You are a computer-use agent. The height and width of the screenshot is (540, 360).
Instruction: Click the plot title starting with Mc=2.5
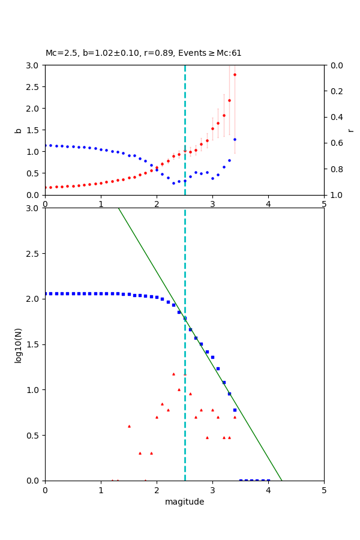pyautogui.click(x=143, y=53)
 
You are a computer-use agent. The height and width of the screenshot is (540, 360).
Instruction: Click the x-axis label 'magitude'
pyautogui.click(x=184, y=502)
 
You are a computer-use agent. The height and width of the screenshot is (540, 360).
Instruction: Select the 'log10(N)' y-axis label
pyautogui.click(x=18, y=344)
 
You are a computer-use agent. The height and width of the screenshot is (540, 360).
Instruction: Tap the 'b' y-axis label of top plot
pyautogui.click(x=18, y=130)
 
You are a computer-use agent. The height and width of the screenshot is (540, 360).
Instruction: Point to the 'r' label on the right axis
pyautogui.click(x=350, y=130)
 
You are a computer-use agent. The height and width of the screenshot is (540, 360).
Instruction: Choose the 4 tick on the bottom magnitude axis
pyautogui.click(x=268, y=490)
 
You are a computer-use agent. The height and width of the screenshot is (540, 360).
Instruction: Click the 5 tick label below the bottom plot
pyautogui.click(x=324, y=490)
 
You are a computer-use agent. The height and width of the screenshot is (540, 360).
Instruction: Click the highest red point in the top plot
pyautogui.click(x=235, y=74)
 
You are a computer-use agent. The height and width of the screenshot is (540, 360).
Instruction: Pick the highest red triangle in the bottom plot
pyautogui.click(x=173, y=374)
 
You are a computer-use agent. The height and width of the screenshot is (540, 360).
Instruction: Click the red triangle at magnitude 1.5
pyautogui.click(x=129, y=426)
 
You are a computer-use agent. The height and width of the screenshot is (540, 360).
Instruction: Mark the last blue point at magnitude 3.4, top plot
pyautogui.click(x=235, y=139)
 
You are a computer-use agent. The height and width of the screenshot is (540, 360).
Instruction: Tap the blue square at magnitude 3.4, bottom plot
pyautogui.click(x=235, y=410)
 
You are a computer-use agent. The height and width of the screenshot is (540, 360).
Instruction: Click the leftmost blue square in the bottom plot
pyautogui.click(x=46, y=293)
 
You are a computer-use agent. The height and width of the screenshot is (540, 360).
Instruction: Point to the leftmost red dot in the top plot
pyautogui.click(x=46, y=187)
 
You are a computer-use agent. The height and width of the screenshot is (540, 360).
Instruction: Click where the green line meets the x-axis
pyautogui.click(x=282, y=480)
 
